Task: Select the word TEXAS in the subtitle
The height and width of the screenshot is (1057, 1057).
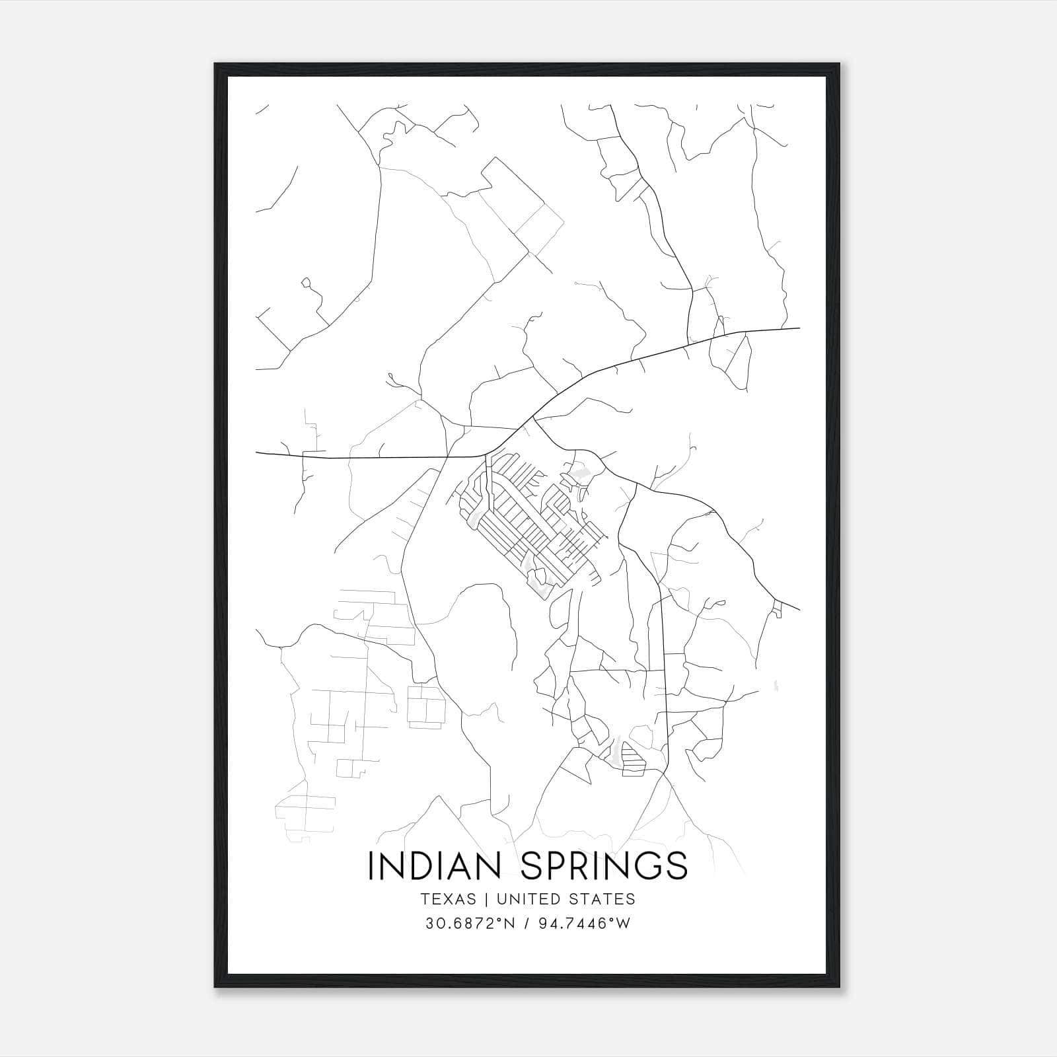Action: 448,899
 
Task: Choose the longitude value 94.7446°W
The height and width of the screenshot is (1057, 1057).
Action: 585,924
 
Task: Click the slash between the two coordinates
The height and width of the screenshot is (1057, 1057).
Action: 526,924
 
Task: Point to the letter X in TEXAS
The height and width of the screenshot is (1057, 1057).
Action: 450,899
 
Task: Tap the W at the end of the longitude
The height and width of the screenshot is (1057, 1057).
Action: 624,924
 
